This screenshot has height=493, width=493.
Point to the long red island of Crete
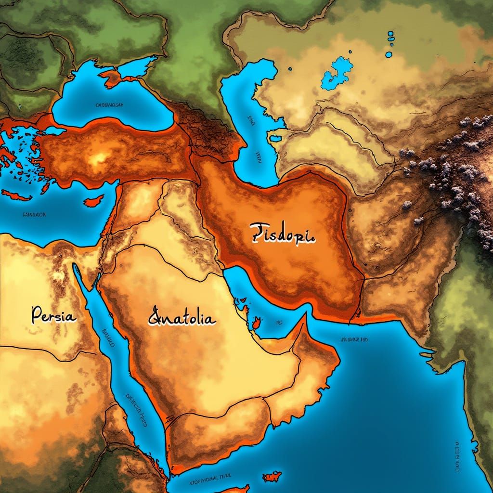[17, 195]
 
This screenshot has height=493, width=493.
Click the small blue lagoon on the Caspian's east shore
[276, 139]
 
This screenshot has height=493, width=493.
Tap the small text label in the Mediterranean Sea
[34, 215]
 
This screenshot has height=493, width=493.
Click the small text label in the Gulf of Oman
[354, 339]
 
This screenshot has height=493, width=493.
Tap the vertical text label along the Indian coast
[454, 457]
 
